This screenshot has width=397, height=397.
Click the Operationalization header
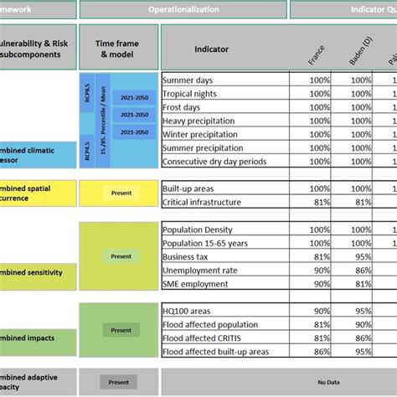pos(183,9)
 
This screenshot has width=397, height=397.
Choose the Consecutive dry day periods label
pos(214,162)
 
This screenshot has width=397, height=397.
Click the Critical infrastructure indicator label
pos(202,202)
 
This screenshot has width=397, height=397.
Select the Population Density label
pos(198,229)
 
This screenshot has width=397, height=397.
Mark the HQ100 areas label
pos(188,311)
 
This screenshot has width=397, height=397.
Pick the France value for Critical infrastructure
pos(319,202)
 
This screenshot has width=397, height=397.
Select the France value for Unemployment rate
pos(319,270)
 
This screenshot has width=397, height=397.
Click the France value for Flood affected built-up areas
pos(319,352)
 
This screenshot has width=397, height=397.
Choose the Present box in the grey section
pos(118,383)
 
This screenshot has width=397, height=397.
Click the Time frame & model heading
pos(117,49)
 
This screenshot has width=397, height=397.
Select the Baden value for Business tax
pos(361,256)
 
